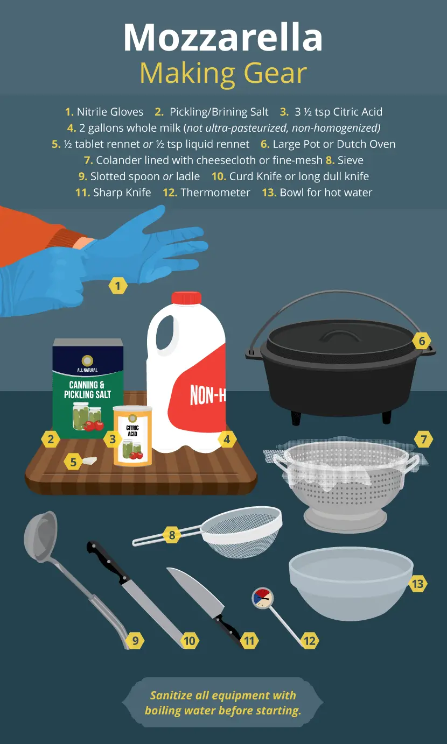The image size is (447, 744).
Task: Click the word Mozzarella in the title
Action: coord(223,37)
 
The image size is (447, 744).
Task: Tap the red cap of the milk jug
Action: coord(186,298)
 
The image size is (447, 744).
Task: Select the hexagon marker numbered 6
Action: coord(422,341)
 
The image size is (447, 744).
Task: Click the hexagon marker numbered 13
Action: coord(418,584)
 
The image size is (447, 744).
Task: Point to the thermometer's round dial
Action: coord(263,598)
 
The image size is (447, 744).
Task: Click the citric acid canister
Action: coord(132,436)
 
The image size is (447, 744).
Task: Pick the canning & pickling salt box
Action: coord(88,388)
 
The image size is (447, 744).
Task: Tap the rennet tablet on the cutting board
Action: coord(89,460)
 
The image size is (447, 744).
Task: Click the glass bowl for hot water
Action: coord(351,583)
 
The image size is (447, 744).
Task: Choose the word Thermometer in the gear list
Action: coord(215,193)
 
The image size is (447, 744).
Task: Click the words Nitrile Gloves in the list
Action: coord(110,112)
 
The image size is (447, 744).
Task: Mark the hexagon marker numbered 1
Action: coord(118,286)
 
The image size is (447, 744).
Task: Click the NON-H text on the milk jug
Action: coord(207,395)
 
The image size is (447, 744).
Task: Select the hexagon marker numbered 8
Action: coord(172,535)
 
